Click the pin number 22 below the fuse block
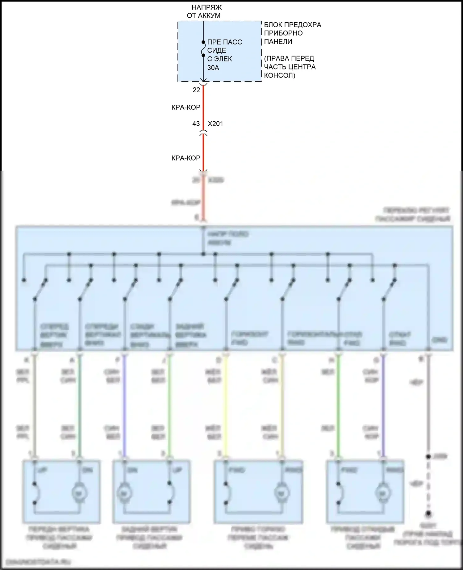click(196, 90)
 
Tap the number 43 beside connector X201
click(196, 124)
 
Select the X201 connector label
click(215, 124)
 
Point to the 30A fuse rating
click(213, 67)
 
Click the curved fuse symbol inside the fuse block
click(203, 49)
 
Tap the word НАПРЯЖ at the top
click(206, 7)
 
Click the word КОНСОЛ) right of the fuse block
click(280, 75)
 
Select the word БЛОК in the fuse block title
click(273, 25)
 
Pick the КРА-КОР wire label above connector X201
click(186, 107)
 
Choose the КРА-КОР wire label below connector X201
click(186, 158)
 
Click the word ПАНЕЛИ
click(278, 41)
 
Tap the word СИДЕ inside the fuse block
click(217, 50)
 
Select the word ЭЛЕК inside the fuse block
click(224, 59)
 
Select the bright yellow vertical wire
click(226, 404)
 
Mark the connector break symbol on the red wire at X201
click(203, 133)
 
